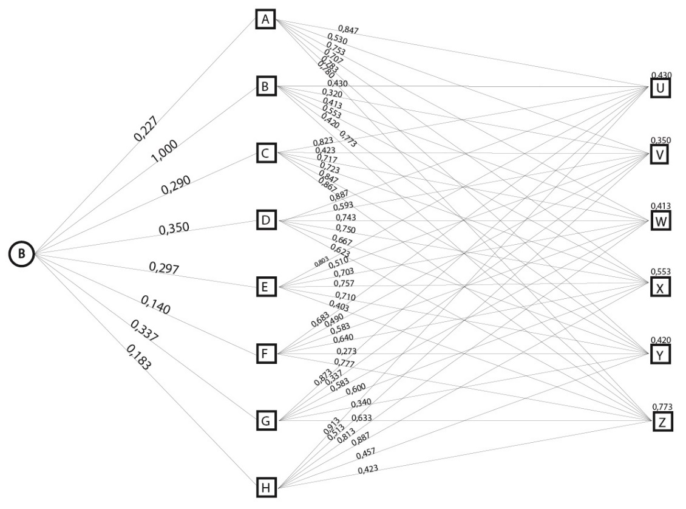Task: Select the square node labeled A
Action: (x=265, y=20)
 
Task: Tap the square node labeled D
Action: (x=265, y=220)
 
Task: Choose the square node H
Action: (x=265, y=487)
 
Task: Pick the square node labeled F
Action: (x=265, y=353)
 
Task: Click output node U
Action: (x=661, y=88)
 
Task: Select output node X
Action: (x=661, y=287)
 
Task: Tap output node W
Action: (x=661, y=221)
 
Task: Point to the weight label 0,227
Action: (x=146, y=128)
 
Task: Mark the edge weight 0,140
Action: (x=155, y=305)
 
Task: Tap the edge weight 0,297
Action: (x=164, y=268)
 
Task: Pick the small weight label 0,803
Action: (x=321, y=262)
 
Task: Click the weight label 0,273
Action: (x=347, y=351)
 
